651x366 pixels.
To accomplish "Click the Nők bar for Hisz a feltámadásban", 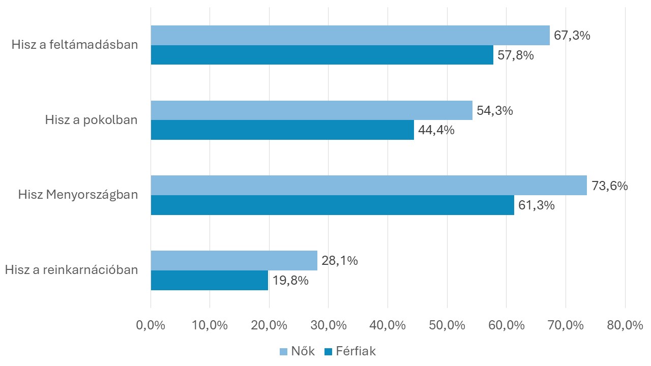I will coord(350,36).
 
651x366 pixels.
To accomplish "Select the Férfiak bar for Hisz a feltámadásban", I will coord(322,55).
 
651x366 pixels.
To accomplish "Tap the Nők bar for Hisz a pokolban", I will coord(311,110).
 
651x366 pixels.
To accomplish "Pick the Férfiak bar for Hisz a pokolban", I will coord(282,130).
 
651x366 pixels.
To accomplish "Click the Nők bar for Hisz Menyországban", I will coord(369,186).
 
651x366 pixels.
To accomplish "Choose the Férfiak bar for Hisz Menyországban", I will coord(332,205).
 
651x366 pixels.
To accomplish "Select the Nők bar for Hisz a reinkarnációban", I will coord(234,260).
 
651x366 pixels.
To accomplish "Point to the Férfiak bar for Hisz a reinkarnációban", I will coord(210,280).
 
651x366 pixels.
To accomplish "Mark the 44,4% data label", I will coord(436,130).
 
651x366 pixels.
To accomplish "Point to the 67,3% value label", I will coord(572,36).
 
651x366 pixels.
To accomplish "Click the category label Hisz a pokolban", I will coord(92,120).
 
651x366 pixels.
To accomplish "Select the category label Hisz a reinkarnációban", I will coord(72,269).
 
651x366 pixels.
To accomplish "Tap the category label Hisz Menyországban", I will coord(78,195).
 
